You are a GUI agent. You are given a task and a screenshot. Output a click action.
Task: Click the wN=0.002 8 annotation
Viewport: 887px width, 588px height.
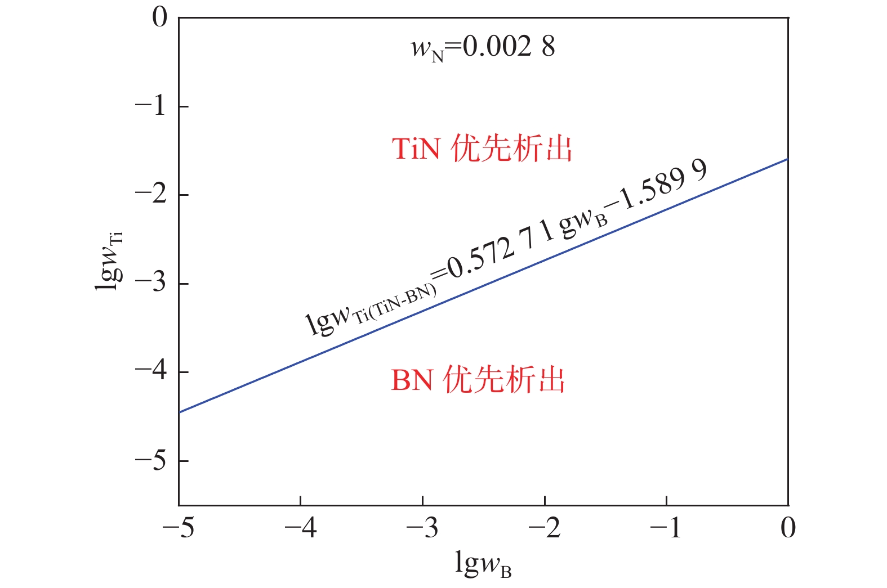[483, 47]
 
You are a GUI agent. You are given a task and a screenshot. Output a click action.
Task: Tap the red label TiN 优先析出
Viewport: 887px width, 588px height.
[482, 149]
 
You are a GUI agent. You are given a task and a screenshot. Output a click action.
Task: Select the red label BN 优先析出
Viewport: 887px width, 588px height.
[478, 380]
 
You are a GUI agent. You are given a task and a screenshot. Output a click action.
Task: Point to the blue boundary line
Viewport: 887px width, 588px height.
[483, 286]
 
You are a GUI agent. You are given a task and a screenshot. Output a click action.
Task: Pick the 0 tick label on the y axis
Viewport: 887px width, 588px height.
[160, 17]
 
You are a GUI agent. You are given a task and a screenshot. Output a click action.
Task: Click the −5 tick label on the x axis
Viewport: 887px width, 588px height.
[179, 528]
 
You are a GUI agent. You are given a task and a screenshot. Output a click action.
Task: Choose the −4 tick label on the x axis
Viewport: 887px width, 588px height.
[300, 528]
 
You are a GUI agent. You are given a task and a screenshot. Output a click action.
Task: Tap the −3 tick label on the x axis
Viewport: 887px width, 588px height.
[422, 528]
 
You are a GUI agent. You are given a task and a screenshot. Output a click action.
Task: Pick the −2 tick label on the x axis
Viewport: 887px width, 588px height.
[545, 528]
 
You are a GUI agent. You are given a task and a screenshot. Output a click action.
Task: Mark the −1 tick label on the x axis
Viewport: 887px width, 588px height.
[666, 528]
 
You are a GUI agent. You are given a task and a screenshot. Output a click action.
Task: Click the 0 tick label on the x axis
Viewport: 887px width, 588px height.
[788, 528]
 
